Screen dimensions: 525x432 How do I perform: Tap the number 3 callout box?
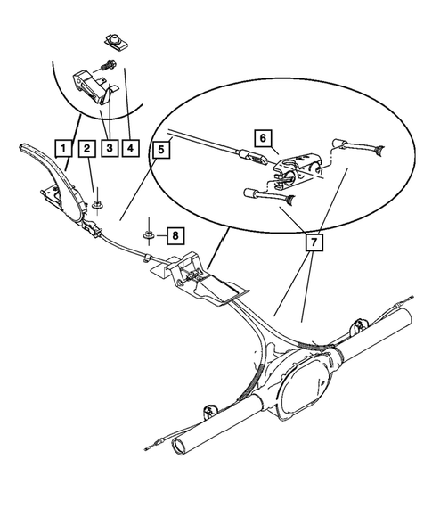coord(110,148)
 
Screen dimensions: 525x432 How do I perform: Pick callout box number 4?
coord(132,148)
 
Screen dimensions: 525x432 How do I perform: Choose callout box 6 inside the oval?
coord(262,138)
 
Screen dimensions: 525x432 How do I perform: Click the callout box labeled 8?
coord(175,236)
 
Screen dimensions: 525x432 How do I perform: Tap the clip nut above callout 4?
coord(112,39)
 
